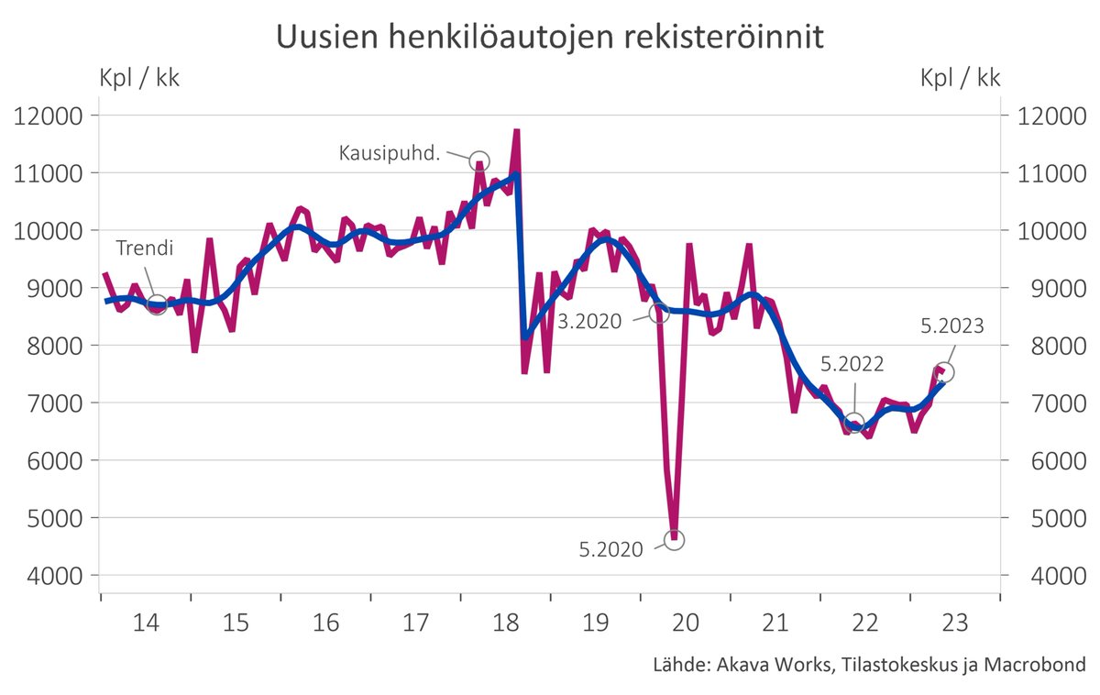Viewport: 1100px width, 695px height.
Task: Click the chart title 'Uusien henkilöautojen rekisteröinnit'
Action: pos(550,38)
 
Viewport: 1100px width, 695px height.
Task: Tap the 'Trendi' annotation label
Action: pos(145,248)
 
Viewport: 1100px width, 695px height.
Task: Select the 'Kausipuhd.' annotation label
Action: pos(390,152)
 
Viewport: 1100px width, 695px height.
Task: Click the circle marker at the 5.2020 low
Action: pos(675,540)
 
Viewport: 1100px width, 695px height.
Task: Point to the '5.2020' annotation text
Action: pos(610,550)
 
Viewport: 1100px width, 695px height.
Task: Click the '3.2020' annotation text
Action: pos(588,322)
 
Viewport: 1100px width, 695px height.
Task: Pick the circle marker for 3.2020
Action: pos(659,314)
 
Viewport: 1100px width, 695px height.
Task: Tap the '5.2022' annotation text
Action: pos(852,364)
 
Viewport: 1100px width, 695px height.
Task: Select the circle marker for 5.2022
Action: pos(854,423)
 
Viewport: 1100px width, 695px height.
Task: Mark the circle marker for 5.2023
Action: pos(945,372)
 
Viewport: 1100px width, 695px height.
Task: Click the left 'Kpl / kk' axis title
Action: pos(139,78)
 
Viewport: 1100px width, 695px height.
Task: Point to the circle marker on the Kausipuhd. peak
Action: pos(479,161)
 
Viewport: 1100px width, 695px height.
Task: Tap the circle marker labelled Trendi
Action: pos(157,305)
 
